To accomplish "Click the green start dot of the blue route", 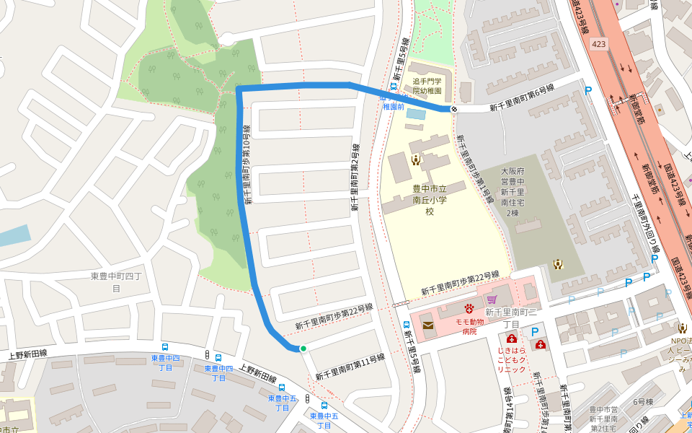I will point(303,349).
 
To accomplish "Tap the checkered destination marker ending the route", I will point(453,109).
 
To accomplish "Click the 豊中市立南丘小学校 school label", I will point(425,200).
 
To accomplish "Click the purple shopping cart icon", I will point(492,299).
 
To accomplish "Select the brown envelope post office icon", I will point(428,326).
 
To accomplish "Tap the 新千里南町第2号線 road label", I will point(355,177).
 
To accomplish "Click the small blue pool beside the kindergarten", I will point(416,114).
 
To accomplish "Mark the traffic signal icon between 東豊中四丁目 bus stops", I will point(208,355).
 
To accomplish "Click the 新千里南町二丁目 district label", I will point(511,318).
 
